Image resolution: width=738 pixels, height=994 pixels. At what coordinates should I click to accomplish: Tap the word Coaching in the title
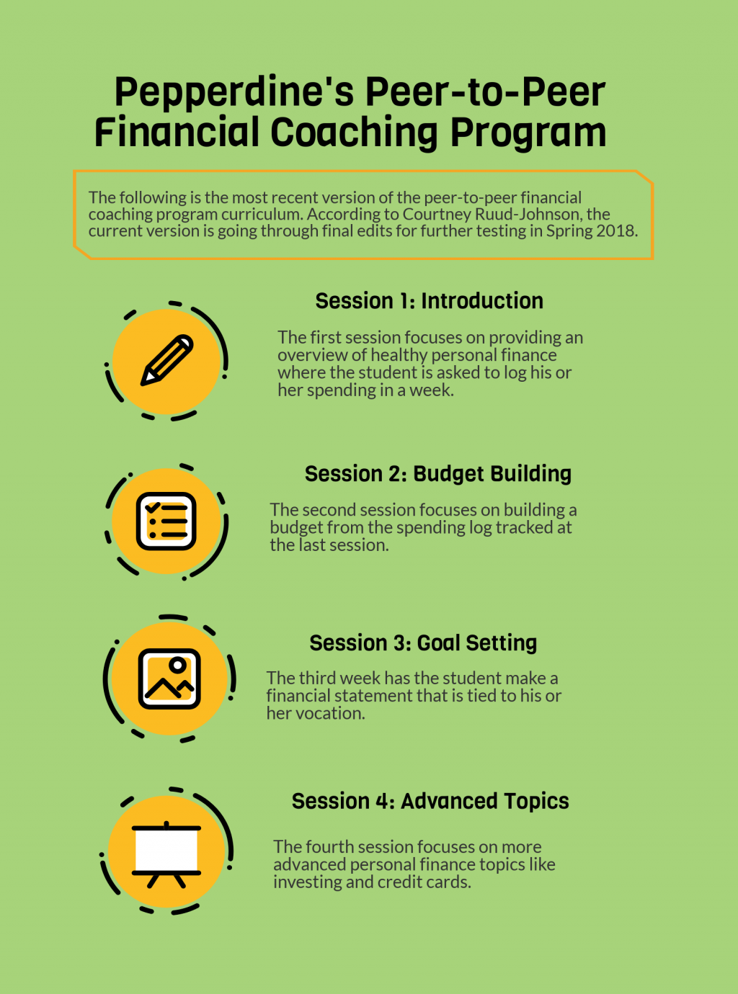point(354,133)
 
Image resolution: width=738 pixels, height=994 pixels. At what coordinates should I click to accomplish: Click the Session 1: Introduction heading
point(429,300)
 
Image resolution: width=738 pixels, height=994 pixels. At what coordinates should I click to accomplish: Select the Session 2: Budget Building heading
point(438,474)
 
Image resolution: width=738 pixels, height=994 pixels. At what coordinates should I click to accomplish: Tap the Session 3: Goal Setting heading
point(423,643)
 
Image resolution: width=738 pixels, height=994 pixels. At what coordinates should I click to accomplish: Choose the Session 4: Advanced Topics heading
point(430,801)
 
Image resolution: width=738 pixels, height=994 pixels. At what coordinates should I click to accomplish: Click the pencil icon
point(166,360)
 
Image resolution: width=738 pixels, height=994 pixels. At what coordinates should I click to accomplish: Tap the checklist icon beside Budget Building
point(166,521)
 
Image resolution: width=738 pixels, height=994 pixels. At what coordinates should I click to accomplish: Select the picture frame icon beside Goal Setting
point(169,679)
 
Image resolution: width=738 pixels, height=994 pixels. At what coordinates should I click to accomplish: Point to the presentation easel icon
point(166,855)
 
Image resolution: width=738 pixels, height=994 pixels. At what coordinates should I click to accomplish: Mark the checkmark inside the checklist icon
point(153,507)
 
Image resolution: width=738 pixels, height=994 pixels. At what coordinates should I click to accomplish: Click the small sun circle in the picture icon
point(178,665)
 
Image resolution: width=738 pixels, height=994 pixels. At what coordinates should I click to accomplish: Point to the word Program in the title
point(528,133)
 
